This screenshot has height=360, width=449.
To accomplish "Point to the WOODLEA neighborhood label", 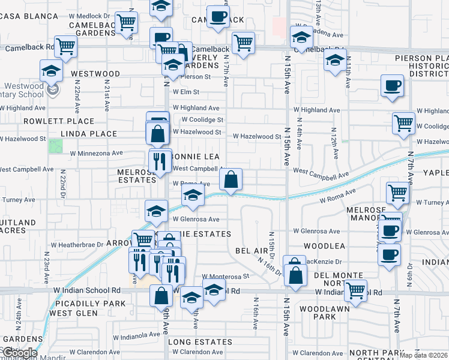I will point(324,246).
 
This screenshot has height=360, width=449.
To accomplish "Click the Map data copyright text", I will point(424,355).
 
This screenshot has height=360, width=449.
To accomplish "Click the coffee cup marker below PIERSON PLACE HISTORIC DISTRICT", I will point(391,86).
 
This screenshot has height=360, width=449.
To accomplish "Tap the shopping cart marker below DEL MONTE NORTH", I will point(357,291).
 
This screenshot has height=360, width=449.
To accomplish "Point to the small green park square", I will point(55,146).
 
